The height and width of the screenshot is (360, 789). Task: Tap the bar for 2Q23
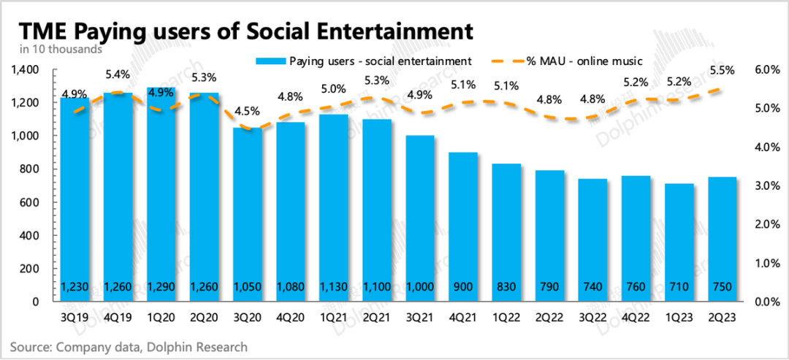click(x=723, y=241)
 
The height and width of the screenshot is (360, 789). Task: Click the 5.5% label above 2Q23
click(x=722, y=71)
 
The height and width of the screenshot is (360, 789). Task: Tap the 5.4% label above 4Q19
click(x=118, y=74)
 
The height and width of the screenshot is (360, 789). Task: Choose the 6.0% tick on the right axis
click(x=760, y=69)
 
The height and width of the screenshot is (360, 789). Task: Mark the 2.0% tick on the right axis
click(x=760, y=224)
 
